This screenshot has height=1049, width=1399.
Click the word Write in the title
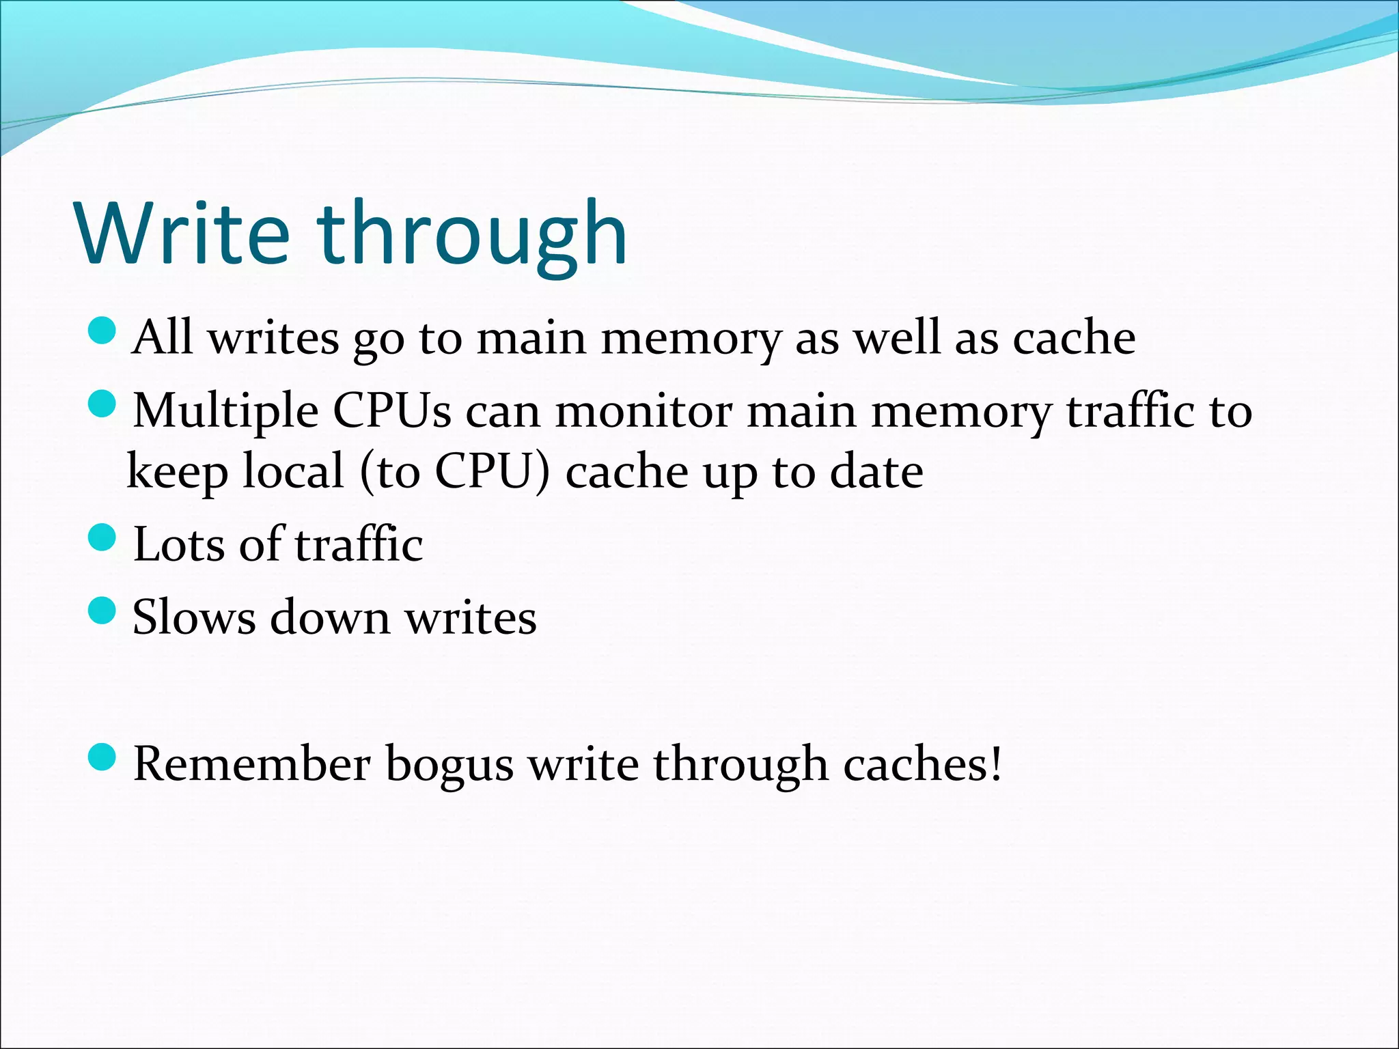click(x=183, y=234)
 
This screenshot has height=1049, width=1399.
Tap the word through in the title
click(x=471, y=234)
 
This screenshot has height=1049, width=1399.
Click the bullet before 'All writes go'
click(x=103, y=331)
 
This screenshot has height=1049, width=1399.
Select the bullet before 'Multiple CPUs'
click(x=103, y=404)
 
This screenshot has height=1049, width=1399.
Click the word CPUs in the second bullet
click(x=392, y=411)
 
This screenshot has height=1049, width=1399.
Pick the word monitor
click(x=644, y=411)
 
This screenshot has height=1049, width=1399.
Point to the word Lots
click(x=179, y=545)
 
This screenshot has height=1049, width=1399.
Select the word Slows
click(x=194, y=617)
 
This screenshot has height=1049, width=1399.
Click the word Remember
click(x=251, y=764)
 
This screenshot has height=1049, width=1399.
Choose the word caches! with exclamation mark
click(x=922, y=764)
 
